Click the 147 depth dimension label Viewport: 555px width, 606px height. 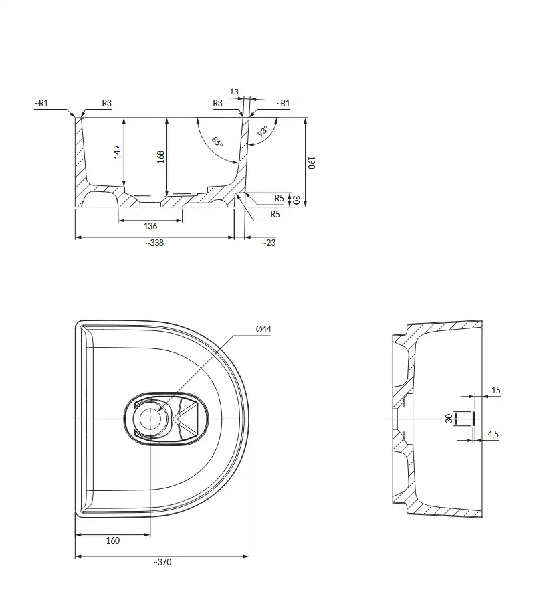[118, 151]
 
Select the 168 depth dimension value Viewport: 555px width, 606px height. [160, 157]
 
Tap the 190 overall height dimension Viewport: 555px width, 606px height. [312, 163]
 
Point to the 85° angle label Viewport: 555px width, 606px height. [217, 142]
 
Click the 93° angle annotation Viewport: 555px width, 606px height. [263, 131]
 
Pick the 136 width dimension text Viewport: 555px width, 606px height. [150, 226]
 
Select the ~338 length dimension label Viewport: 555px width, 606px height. [154, 243]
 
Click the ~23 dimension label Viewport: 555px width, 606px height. [269, 243]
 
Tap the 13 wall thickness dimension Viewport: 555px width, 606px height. [234, 92]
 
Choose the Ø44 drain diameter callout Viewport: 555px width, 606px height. [263, 329]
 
